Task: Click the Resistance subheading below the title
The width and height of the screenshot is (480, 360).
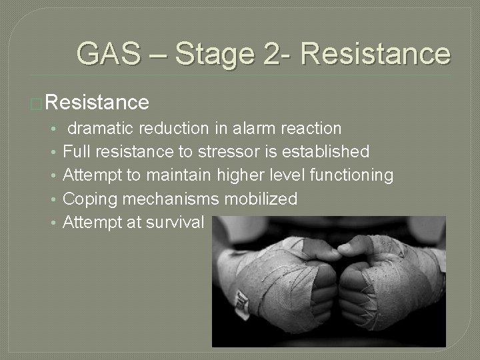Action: pos(98,102)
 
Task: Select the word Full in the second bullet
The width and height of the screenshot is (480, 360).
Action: pos(76,151)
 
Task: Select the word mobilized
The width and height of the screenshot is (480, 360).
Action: pos(261,199)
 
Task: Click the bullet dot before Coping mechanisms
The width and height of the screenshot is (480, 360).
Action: pos(53,199)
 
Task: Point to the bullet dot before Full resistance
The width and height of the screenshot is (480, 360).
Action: pos(53,152)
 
